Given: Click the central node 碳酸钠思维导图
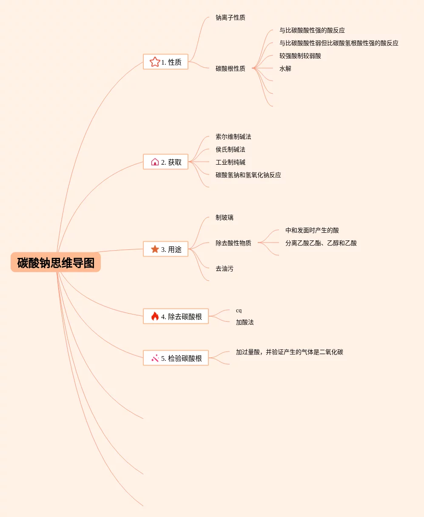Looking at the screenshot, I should pyautogui.click(x=56, y=263).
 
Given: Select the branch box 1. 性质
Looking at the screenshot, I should pyautogui.click(x=165, y=62).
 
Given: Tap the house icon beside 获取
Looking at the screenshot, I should pyautogui.click(x=155, y=162).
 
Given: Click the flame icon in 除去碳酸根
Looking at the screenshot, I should pyautogui.click(x=155, y=316).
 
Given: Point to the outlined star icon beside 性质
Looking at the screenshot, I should pyautogui.click(x=155, y=62).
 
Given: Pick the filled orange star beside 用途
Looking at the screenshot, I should pyautogui.click(x=155, y=249).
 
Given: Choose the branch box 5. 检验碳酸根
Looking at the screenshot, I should pyautogui.click(x=176, y=358).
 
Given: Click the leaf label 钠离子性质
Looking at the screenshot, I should pyautogui.click(x=230, y=18).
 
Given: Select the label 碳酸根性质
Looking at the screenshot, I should pyautogui.click(x=230, y=69).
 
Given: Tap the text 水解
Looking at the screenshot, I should pyautogui.click(x=285, y=69).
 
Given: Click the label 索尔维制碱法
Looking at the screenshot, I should pyautogui.click(x=233, y=137).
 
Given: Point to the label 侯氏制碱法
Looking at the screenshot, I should pyautogui.click(x=230, y=150).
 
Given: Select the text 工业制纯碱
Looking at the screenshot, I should pyautogui.click(x=230, y=163).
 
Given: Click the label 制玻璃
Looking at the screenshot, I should pyautogui.click(x=224, y=218).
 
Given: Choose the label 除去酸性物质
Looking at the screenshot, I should pyautogui.click(x=233, y=243).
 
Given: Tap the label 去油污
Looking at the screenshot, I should pyautogui.click(x=224, y=268).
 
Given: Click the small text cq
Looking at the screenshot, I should pyautogui.click(x=239, y=311).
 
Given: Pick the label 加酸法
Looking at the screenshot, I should pyautogui.click(x=245, y=323).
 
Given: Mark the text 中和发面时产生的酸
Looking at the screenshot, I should pyautogui.click(x=312, y=231).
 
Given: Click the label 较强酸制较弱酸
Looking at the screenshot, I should pyautogui.click(x=300, y=56).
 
